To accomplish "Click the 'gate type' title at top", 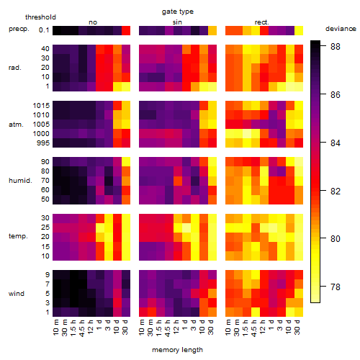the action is coord(178,12).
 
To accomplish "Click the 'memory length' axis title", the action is coord(177,350).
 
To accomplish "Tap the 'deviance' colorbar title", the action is coord(341,29).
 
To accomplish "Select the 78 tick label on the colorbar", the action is coord(336,287).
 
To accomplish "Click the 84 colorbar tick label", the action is coord(336,143).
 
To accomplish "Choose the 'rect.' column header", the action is coord(261,22).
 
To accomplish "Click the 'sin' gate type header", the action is coord(177,22).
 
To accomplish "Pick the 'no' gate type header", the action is coord(93,22).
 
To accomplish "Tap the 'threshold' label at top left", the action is coord(40,17).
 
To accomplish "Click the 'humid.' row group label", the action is coord(20,181).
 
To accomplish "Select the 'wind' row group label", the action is coord(17,294).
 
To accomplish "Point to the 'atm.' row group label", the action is coord(16,125).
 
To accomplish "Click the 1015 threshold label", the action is coord(41,106).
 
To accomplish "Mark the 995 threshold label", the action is coord(43,143).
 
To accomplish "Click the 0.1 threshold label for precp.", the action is coord(44,30).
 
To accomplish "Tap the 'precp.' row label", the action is coord(19,29).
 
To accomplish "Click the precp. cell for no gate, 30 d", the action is coord(126,30).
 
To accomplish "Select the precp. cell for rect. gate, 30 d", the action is coord(299,30).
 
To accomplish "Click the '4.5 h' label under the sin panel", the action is coord(168,328).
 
